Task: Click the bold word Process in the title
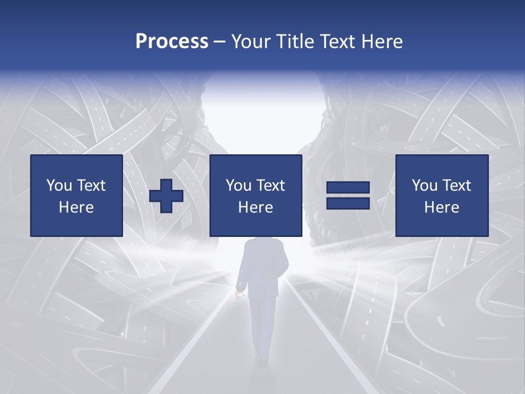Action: [172, 42]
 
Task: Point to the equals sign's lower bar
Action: [348, 203]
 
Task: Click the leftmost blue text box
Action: [77, 195]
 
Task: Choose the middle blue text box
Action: [255, 195]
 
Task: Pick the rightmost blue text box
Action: [441, 195]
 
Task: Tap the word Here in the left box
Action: [77, 207]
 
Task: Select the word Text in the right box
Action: [457, 186]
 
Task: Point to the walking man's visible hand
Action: [238, 294]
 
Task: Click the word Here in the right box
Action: [441, 207]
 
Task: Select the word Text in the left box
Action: [92, 186]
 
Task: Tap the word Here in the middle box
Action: [255, 207]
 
